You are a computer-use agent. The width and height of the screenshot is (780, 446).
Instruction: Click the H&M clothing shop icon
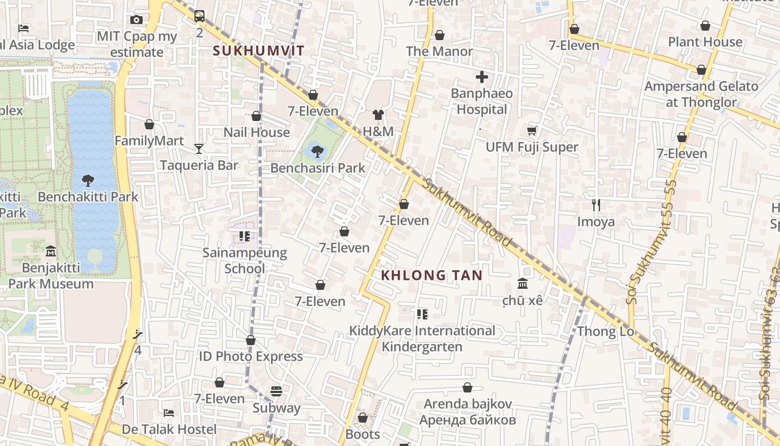(378, 115)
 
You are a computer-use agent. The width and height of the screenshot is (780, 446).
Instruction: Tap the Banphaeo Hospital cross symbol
(482, 77)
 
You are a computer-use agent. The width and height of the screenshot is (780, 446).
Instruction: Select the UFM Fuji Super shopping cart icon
(532, 130)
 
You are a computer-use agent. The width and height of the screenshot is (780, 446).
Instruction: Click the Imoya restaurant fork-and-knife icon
(596, 205)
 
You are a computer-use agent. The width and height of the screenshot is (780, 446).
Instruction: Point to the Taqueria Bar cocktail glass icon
(199, 148)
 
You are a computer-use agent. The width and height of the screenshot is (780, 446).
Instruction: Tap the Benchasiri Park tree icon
(318, 151)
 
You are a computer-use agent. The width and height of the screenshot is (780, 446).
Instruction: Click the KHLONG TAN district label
(431, 275)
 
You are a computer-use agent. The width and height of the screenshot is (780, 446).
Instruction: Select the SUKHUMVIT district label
(259, 51)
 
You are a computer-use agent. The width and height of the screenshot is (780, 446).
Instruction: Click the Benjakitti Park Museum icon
(50, 251)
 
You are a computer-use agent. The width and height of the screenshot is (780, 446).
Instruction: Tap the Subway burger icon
(276, 391)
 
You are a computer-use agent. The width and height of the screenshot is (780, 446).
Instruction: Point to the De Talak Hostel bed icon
(169, 413)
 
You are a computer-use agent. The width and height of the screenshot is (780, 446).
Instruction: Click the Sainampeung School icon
(244, 236)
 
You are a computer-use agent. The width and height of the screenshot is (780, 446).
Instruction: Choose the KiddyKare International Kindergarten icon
(422, 314)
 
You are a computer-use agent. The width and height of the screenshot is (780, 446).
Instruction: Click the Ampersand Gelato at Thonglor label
(701, 94)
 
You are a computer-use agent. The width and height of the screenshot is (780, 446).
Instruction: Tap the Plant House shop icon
(705, 26)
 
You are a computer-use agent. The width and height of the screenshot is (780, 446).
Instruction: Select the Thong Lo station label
(606, 331)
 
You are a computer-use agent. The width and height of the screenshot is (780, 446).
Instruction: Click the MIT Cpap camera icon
(136, 20)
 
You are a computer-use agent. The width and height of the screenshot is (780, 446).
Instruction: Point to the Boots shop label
(363, 434)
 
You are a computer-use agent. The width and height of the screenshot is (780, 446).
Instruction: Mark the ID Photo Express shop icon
(251, 340)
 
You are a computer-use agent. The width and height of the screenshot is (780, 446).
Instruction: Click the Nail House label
(256, 132)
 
